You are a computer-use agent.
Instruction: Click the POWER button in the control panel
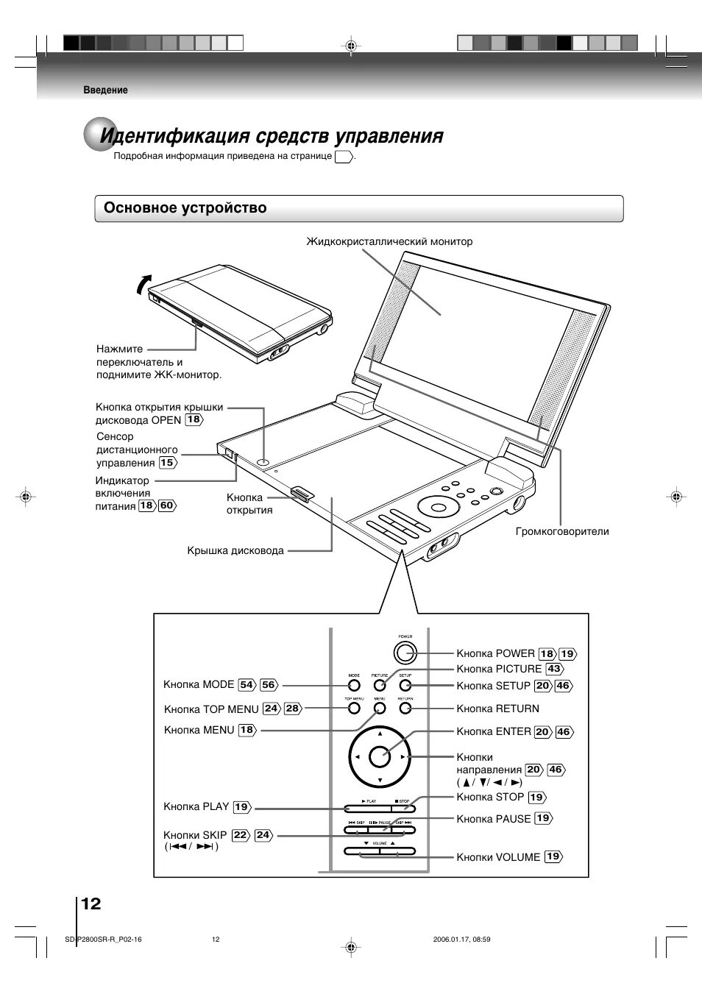[x=404, y=652]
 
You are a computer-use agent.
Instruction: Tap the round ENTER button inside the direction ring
[x=379, y=756]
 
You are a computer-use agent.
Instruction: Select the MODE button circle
[x=354, y=685]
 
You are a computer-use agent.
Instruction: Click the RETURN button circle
[x=405, y=708]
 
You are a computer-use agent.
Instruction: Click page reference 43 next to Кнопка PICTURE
[x=554, y=669]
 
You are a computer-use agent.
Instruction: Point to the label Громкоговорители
[x=562, y=531]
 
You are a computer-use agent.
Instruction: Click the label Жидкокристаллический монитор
[x=389, y=241]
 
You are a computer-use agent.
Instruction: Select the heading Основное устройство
[x=185, y=208]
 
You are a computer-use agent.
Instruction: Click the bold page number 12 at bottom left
[x=91, y=904]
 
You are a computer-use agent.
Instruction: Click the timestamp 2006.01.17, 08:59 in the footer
[x=461, y=940]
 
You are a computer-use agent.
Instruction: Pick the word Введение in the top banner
[x=105, y=90]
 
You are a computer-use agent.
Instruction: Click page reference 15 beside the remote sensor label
[x=168, y=463]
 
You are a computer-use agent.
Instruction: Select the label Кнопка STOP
[x=490, y=797]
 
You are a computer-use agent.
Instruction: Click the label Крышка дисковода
[x=235, y=550]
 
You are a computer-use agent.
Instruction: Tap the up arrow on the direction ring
[x=379, y=734]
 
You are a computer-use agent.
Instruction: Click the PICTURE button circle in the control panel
[x=380, y=685]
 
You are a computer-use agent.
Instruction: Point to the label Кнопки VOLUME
[x=498, y=857]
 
